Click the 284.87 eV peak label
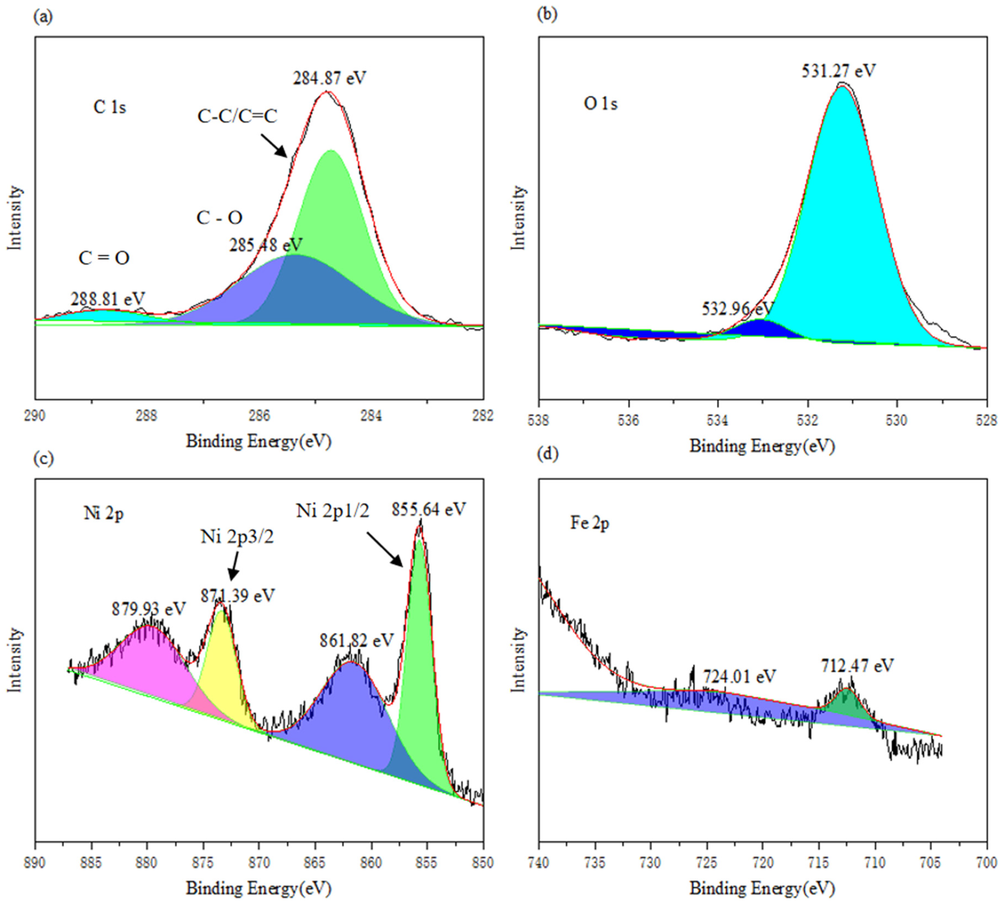tap(329, 78)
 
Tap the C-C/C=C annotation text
tap(237, 116)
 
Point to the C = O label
tap(104, 258)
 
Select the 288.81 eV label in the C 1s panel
tap(108, 299)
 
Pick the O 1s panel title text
tap(600, 104)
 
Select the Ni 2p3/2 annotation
tap(237, 537)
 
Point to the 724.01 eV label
tap(739, 676)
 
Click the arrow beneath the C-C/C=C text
tap(274, 145)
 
